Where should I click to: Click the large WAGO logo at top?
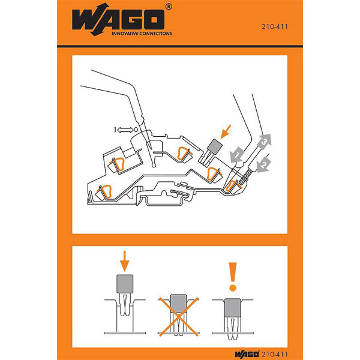click(x=118, y=19)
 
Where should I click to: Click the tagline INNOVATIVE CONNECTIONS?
click(x=142, y=34)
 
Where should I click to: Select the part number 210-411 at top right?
click(x=274, y=26)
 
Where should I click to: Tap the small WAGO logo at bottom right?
click(x=247, y=354)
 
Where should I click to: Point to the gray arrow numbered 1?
click(x=237, y=155)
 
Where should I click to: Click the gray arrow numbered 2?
click(x=264, y=164)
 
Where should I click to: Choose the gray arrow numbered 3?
click(x=264, y=142)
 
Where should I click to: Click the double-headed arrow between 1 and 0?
click(x=125, y=130)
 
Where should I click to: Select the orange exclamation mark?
click(x=233, y=277)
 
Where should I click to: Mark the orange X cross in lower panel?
click(x=178, y=317)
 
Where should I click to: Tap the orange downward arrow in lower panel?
click(x=125, y=261)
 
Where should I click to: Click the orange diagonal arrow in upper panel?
click(x=226, y=132)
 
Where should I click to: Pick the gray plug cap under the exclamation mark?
click(x=233, y=308)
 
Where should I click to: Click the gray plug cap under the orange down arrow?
click(x=125, y=284)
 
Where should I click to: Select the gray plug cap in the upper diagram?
click(x=215, y=146)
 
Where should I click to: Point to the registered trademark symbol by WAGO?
click(x=169, y=7)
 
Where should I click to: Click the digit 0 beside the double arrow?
click(x=136, y=130)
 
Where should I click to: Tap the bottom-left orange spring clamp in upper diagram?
click(x=106, y=191)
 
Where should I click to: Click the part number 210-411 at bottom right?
click(x=275, y=354)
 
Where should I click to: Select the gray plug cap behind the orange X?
click(x=178, y=304)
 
